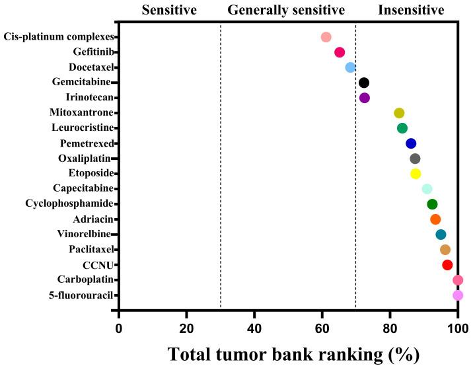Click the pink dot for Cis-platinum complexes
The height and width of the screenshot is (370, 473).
coord(326,37)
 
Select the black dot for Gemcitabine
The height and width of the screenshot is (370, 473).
coord(363,83)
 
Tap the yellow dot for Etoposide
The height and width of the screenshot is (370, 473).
coord(416,174)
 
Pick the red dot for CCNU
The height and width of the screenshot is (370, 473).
coord(447,265)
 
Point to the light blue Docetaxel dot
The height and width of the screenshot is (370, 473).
coord(350,67)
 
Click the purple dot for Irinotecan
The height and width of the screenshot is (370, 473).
coord(365,98)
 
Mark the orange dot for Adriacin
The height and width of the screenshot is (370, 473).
coord(435,219)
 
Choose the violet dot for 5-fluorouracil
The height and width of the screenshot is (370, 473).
coord(458,295)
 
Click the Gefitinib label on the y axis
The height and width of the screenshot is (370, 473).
coord(92,52)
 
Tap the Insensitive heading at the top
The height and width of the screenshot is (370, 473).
coord(411,10)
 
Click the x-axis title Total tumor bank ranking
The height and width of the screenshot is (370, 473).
coord(293,354)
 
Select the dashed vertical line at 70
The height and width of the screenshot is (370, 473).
coord(355,198)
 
